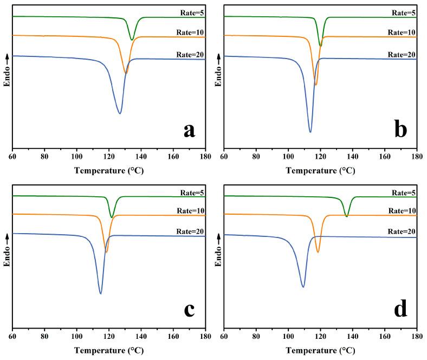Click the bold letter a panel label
point(189,130)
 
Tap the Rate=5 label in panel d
point(402,192)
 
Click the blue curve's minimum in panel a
point(120,113)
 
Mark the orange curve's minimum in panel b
point(316,85)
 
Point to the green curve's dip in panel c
point(112,217)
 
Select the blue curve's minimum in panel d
point(303,287)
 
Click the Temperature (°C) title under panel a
point(108,170)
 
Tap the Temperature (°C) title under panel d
point(320,350)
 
